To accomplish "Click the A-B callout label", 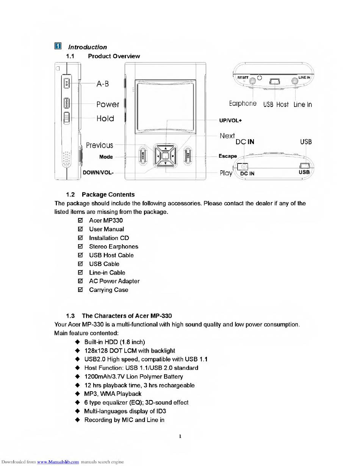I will point(103,84).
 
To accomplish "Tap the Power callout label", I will point(108,104).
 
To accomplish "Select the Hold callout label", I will point(105,118).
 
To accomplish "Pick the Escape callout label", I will point(228,156).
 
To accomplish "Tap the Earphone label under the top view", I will point(243,104).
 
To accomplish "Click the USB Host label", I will point(276,104).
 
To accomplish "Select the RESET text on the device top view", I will point(243,77).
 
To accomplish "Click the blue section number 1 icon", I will point(58,47).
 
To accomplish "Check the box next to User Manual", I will point(80,229).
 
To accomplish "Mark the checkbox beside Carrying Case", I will point(80,290).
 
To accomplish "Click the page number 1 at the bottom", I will point(180,436).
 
